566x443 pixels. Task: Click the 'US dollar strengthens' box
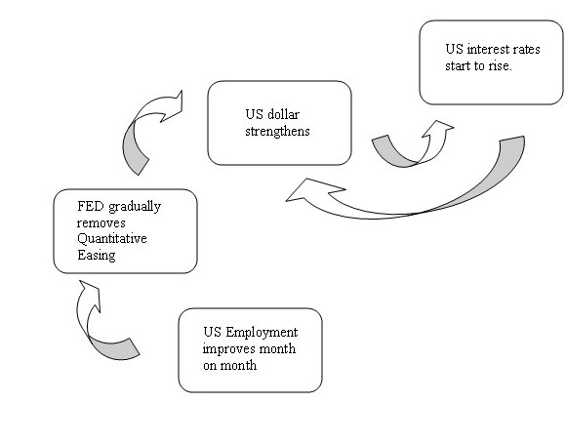click(279, 123)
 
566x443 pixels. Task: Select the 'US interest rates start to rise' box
click(491, 62)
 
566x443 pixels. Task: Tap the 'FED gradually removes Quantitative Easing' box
click(125, 231)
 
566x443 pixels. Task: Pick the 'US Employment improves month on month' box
click(250, 350)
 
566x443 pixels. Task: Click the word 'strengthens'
click(277, 131)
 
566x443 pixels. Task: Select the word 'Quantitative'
click(112, 239)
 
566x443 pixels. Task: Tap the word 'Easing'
click(97, 256)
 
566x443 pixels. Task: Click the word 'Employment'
click(262, 333)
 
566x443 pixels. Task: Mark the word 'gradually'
click(135, 207)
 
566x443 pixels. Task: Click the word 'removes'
click(101, 222)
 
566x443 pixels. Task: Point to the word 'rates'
click(527, 49)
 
